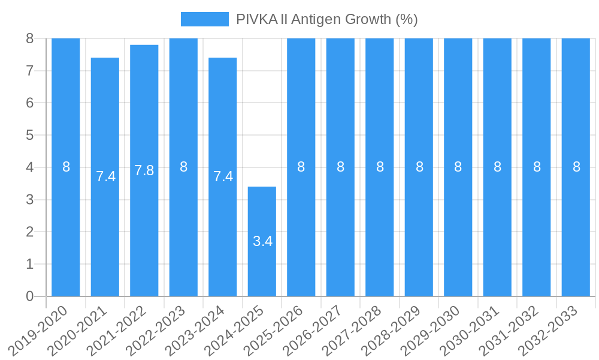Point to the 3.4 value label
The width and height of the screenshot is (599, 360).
tap(262, 241)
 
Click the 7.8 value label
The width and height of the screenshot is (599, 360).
tap(144, 170)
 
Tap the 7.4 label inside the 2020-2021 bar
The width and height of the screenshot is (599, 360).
tap(105, 176)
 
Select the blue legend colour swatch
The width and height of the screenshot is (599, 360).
tap(205, 19)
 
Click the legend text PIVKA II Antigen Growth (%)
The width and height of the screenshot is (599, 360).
tap(326, 19)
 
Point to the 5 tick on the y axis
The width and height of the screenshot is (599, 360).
tap(30, 135)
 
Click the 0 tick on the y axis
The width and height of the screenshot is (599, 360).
tap(30, 296)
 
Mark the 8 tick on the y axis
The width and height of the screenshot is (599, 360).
tap(30, 38)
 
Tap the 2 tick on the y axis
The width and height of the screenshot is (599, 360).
tap(30, 232)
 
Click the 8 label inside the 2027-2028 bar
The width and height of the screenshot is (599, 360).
tap(380, 167)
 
